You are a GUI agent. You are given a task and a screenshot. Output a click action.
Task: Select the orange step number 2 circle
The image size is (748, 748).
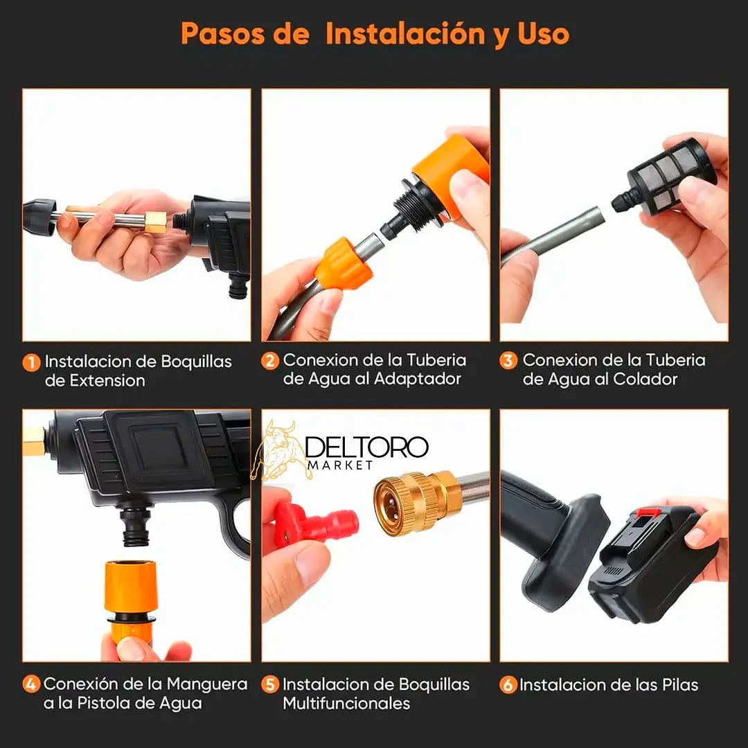click(270, 361)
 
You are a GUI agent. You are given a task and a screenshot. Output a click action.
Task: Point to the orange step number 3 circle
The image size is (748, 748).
click(509, 361)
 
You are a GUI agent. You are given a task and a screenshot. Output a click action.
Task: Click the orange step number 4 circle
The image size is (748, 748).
click(31, 685)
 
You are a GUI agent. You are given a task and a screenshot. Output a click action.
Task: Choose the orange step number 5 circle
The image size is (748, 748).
click(270, 685)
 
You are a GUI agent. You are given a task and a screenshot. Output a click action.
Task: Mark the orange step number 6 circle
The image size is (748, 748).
click(508, 685)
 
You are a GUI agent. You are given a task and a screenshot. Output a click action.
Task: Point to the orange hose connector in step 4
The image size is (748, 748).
click(130, 599)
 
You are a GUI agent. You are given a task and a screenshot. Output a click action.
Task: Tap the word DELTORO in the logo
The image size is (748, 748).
click(366, 447)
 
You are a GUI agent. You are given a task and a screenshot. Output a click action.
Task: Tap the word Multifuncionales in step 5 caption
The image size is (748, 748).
click(346, 704)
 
